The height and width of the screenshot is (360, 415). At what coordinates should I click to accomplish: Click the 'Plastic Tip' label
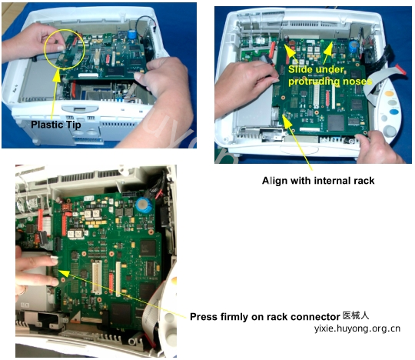[56, 125]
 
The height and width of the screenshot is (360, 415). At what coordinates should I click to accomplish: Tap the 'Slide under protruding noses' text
[329, 75]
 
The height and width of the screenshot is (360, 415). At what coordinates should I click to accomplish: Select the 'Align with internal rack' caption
[318, 181]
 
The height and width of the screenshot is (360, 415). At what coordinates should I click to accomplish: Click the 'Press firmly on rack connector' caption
[265, 317]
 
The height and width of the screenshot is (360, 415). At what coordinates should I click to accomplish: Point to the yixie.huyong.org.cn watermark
[357, 328]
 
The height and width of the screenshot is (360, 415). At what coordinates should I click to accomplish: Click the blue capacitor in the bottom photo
[144, 205]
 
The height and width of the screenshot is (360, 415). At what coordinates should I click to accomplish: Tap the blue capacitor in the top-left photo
[131, 35]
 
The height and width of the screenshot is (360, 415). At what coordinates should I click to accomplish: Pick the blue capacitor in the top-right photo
[353, 47]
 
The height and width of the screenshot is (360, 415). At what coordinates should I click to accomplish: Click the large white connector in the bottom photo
[97, 278]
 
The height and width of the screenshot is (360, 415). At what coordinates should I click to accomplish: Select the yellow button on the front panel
[389, 94]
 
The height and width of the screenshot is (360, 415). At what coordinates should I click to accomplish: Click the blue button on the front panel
[394, 112]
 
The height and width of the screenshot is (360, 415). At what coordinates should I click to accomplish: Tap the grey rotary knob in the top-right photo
[389, 132]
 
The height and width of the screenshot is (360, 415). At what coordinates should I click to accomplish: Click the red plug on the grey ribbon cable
[400, 69]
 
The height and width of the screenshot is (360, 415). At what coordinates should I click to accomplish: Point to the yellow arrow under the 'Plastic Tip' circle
[54, 94]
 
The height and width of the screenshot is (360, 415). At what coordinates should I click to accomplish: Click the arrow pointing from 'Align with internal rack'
[297, 143]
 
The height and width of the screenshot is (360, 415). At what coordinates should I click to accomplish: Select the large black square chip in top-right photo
[336, 123]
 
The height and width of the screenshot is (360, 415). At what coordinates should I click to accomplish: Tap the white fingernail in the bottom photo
[55, 261]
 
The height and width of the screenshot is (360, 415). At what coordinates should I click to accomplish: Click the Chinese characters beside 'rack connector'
[356, 315]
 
